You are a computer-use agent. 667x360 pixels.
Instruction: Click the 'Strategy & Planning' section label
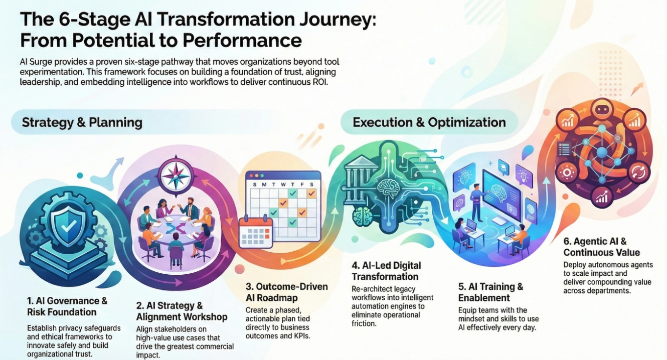82,122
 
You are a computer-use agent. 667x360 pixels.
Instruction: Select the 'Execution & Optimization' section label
429,122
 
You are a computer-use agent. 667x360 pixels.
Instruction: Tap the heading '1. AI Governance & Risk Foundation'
67,306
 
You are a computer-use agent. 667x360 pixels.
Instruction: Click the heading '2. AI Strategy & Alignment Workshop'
182,311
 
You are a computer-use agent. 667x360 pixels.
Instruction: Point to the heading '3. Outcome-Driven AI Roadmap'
286,292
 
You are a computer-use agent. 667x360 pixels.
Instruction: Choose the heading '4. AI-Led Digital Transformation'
386,271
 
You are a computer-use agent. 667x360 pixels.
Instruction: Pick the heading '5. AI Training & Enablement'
490,292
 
